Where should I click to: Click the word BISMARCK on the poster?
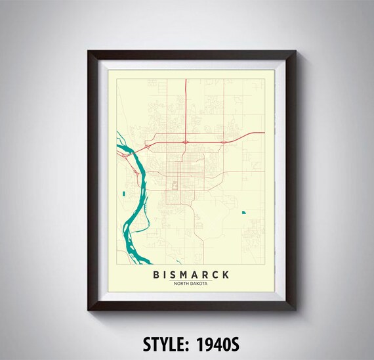point(191,274)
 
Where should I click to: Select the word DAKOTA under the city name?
point(199,283)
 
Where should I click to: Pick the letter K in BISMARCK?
point(226,274)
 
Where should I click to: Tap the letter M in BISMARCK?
point(186,274)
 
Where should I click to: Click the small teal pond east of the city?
point(243,212)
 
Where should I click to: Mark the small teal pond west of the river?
point(123,193)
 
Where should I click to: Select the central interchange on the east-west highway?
point(186,141)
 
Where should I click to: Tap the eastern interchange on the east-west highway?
point(224,141)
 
